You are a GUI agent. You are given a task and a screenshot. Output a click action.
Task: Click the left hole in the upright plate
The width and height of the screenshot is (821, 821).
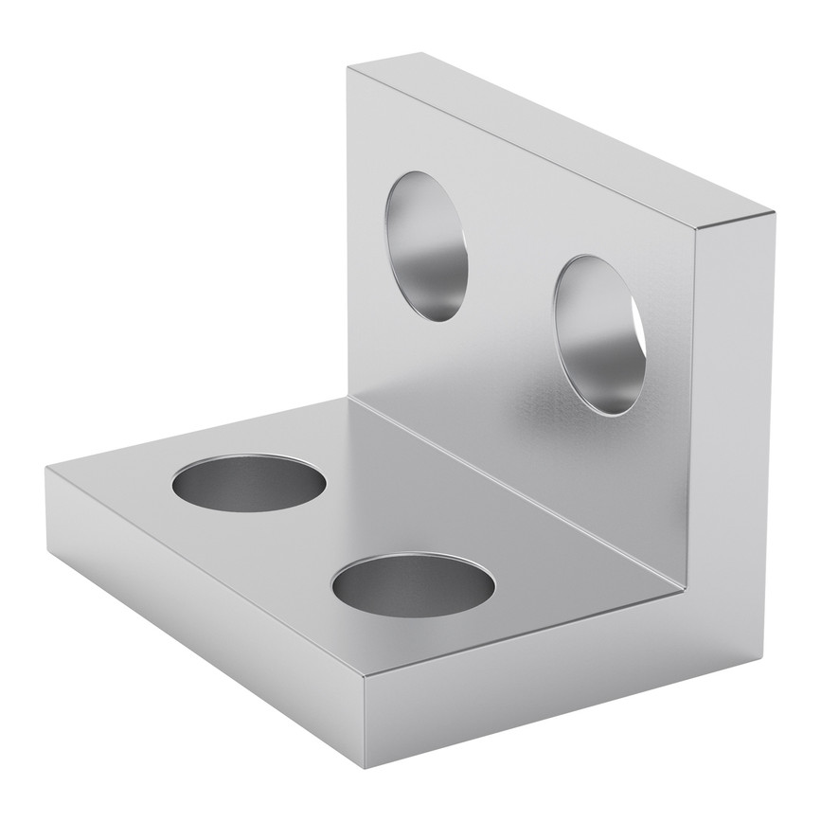(426, 246)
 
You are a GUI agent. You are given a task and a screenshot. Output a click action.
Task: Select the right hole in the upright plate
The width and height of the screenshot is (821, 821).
(599, 334)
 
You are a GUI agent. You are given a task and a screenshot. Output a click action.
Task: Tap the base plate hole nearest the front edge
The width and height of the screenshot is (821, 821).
(413, 580)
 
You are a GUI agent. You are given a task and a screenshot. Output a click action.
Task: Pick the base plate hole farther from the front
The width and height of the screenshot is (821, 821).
(249, 482)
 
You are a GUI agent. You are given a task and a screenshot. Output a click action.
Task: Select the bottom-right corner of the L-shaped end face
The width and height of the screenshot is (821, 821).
(763, 654)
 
